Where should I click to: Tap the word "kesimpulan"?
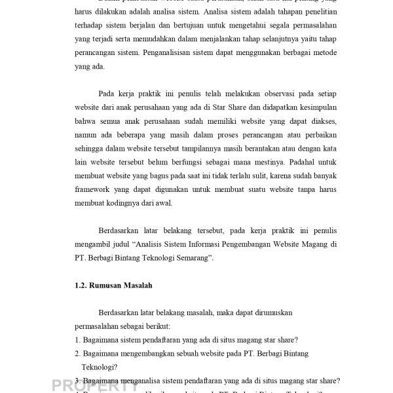[316, 108]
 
